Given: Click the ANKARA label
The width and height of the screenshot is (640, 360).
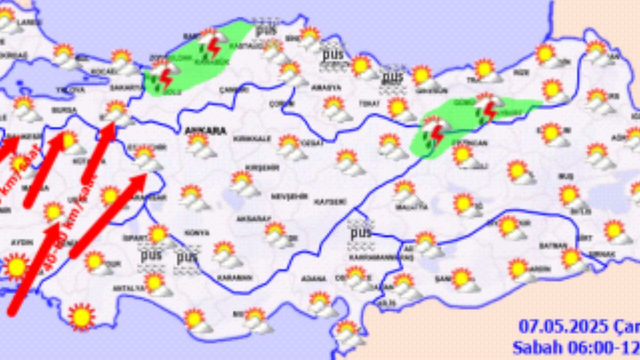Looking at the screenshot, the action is tap(205, 131).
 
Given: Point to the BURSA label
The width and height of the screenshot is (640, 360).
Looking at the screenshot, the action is tap(64, 110).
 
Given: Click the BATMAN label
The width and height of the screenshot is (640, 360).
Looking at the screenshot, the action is tap(552, 245).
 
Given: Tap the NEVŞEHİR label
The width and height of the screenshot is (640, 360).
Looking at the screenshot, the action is tap(289, 197).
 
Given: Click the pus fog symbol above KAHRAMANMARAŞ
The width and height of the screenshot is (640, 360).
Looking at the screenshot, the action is tap(360, 233).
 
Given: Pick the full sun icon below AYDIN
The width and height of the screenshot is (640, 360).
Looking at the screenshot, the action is tap(16, 266).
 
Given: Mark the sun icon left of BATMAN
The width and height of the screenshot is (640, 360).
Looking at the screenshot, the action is tap(520, 270).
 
